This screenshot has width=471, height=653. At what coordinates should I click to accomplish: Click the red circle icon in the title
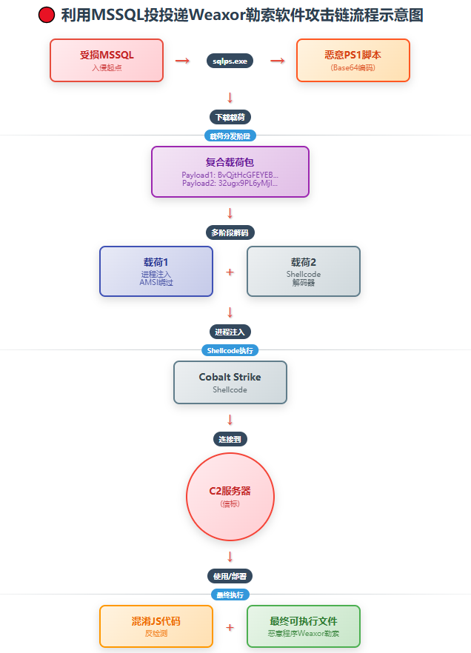(46, 15)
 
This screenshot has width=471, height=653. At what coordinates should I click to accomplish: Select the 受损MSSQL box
(107, 60)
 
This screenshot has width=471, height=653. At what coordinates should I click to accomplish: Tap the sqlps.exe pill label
(230, 61)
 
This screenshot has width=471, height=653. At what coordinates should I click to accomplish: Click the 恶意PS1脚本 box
(353, 60)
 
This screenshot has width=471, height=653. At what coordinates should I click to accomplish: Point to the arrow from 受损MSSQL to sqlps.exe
(182, 61)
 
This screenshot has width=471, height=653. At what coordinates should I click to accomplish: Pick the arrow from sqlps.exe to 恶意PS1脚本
(278, 61)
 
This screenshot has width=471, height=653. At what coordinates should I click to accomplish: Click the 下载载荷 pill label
(230, 117)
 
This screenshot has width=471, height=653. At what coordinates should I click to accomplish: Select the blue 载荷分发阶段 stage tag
(230, 135)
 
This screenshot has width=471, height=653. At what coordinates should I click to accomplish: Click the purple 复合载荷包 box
(230, 172)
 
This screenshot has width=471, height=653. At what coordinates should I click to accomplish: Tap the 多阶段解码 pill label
(230, 232)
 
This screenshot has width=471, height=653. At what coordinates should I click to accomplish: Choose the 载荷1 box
(156, 271)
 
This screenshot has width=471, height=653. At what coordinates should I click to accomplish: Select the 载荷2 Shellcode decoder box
(304, 271)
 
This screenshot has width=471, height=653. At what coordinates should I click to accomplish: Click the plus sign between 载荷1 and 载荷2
(230, 272)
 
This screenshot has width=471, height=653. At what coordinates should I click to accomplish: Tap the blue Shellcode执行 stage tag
(230, 350)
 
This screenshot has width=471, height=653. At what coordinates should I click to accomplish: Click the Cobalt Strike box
(230, 382)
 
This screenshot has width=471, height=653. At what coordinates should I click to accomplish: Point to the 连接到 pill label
(230, 439)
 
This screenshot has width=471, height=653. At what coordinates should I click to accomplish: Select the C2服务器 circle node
(230, 496)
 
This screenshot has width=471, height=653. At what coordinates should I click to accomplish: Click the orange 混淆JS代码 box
(156, 626)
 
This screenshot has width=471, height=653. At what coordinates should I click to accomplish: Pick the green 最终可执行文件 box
(304, 626)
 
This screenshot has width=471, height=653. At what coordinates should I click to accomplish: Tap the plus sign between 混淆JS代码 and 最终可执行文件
(230, 627)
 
